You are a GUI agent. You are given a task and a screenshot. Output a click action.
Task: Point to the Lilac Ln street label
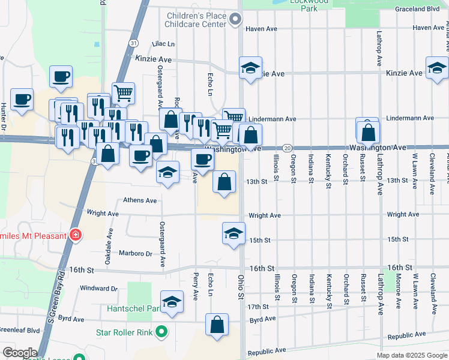(163, 44)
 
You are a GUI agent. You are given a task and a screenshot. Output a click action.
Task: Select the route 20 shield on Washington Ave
(287, 148)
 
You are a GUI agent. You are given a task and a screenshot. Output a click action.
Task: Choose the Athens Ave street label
(140, 200)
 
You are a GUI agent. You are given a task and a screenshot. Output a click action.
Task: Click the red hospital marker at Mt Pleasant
(76, 235)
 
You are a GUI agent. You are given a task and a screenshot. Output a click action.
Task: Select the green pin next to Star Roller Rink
(161, 331)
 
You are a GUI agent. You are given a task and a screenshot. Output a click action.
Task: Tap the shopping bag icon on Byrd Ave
(217, 324)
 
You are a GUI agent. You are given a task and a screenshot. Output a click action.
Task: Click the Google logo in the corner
(20, 352)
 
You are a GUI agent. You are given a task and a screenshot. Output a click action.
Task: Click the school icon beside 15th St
(234, 234)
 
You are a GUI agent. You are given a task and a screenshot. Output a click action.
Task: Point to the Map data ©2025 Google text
(411, 355)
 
